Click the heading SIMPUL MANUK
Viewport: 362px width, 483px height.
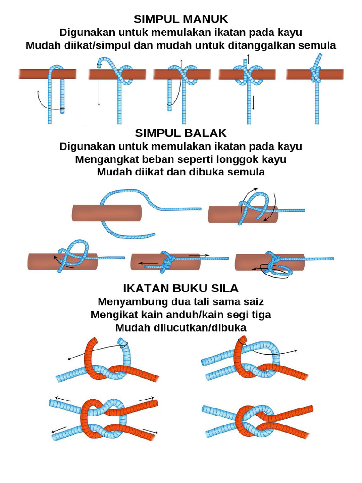pos(181,19)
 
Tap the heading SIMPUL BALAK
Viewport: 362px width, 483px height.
pos(181,133)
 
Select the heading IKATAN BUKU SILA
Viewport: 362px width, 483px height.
pos(181,288)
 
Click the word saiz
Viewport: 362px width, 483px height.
pos(253,301)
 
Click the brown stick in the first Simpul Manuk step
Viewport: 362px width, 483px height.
pos(33,74)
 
